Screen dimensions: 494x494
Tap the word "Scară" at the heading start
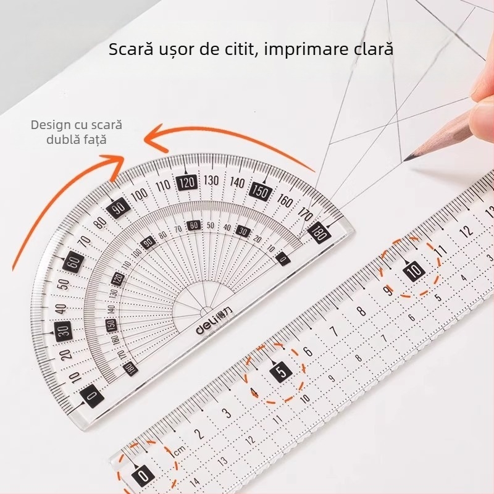(x=128, y=49)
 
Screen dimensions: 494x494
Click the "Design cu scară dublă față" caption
(x=77, y=132)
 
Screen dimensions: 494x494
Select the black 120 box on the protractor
(x=186, y=182)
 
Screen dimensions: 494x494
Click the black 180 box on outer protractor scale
(x=319, y=233)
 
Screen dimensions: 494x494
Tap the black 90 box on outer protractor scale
(x=117, y=208)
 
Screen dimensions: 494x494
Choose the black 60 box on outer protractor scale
(x=74, y=261)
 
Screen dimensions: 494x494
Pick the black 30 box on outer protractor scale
(x=63, y=330)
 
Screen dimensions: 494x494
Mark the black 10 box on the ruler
(x=413, y=270)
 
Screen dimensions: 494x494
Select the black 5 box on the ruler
(x=281, y=372)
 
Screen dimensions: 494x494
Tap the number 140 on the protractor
(x=237, y=182)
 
